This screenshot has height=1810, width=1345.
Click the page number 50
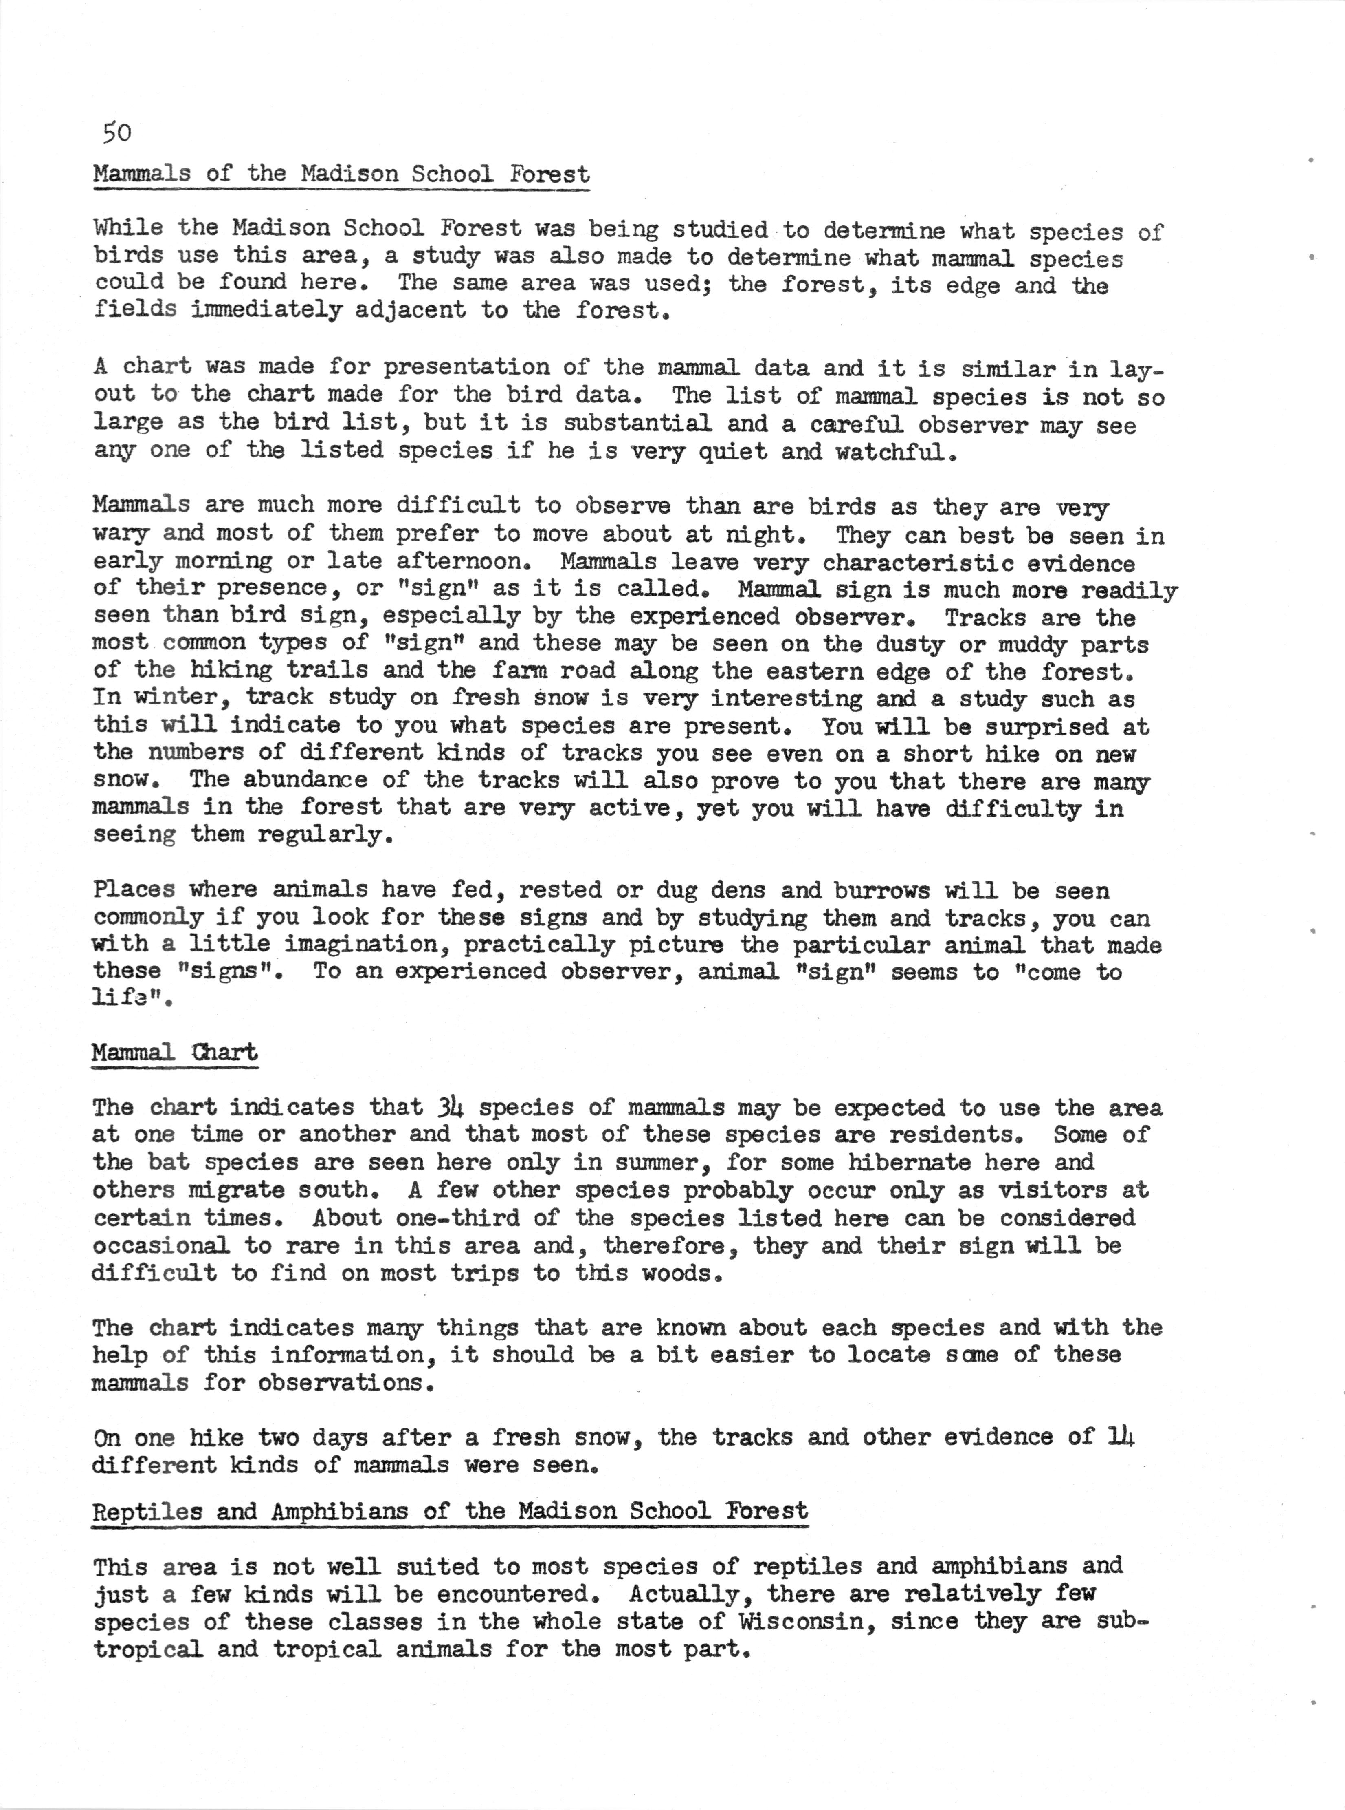pyautogui.click(x=117, y=133)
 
